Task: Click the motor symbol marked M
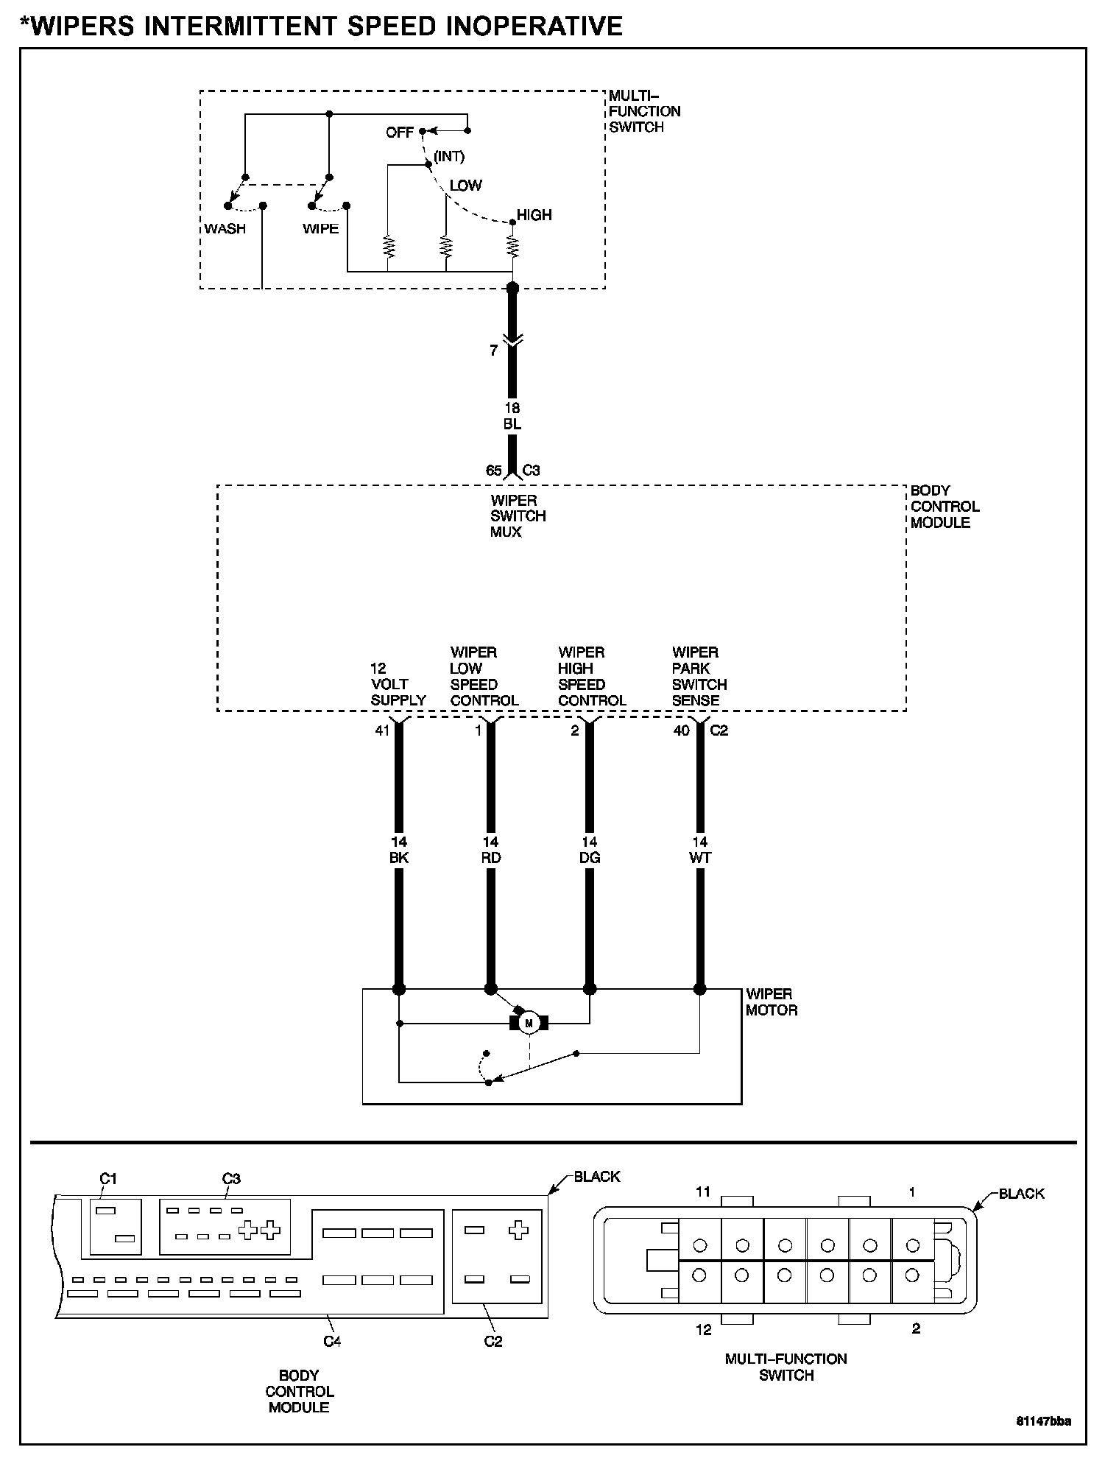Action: coord(529,1023)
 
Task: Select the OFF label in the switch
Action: coord(400,133)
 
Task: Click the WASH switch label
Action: coord(225,228)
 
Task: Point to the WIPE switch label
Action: coord(320,228)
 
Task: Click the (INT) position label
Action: coord(449,156)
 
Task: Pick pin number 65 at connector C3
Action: coord(493,471)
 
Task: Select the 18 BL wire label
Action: coord(512,416)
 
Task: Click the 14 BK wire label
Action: coord(399,850)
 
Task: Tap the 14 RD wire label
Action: coord(491,850)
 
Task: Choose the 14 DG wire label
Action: coord(590,850)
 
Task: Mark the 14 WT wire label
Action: coord(700,850)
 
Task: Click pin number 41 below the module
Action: coord(381,730)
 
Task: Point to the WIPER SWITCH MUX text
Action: coord(518,516)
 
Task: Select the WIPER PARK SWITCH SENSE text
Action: coord(699,676)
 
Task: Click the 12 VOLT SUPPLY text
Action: coord(398,684)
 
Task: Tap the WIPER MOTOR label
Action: coord(771,1002)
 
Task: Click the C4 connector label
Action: coord(332,1341)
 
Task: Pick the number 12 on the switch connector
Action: coord(704,1329)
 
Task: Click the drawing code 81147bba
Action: coord(1043,1420)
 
